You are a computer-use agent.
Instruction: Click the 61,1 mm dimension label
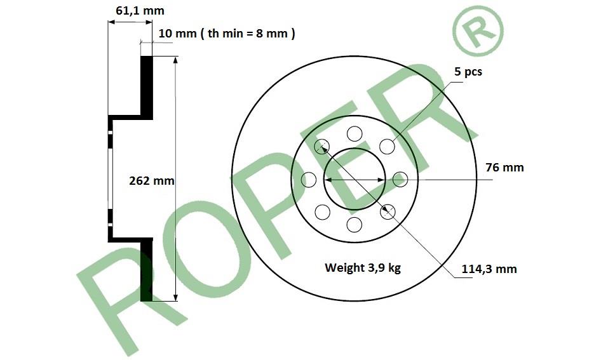[x=140, y=11]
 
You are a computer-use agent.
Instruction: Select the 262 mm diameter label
[x=152, y=181]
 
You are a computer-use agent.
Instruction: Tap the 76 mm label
[x=504, y=168]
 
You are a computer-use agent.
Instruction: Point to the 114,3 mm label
[x=489, y=269]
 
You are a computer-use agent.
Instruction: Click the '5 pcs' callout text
[x=468, y=72]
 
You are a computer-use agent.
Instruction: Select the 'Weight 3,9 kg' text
[x=363, y=268]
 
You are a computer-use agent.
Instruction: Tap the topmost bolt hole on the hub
[x=355, y=134]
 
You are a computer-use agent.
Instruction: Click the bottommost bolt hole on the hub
[x=354, y=225]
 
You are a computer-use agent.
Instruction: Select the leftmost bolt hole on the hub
[x=309, y=180]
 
